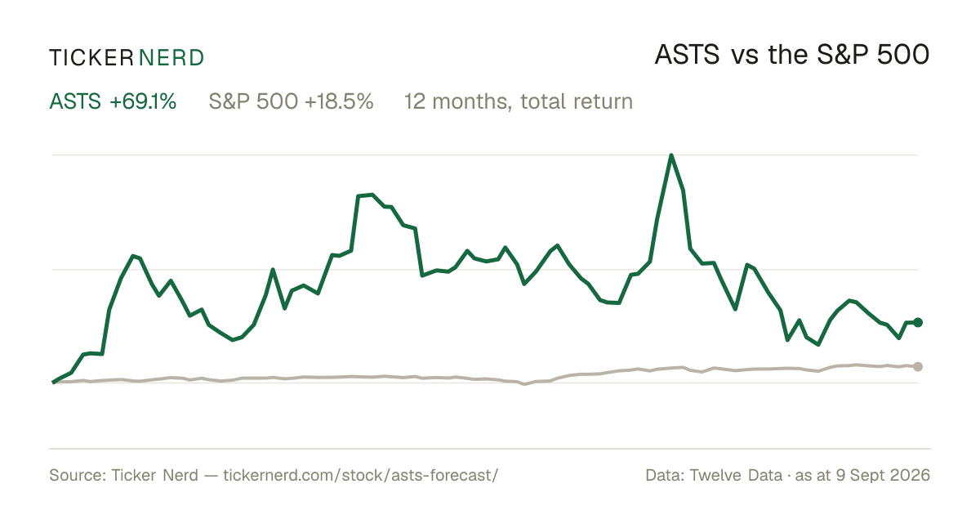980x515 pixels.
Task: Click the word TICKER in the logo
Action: [91, 58]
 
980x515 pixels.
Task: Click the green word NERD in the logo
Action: [171, 58]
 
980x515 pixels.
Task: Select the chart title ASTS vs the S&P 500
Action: [792, 56]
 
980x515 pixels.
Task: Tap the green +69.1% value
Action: [143, 101]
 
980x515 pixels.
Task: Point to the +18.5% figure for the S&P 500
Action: [339, 101]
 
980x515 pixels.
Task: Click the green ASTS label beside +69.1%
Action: [75, 101]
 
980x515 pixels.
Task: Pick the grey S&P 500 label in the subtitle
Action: [254, 101]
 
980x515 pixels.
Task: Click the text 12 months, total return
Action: [519, 102]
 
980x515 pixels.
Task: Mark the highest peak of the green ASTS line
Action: [671, 155]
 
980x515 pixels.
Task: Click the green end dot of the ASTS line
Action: [918, 322]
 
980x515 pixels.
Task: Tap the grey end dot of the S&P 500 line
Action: [918, 366]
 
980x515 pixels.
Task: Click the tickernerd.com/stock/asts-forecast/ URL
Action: [360, 475]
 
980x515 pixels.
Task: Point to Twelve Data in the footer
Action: [736, 475]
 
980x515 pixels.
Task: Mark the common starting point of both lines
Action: [53, 383]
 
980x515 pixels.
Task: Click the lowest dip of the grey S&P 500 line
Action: [525, 384]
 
